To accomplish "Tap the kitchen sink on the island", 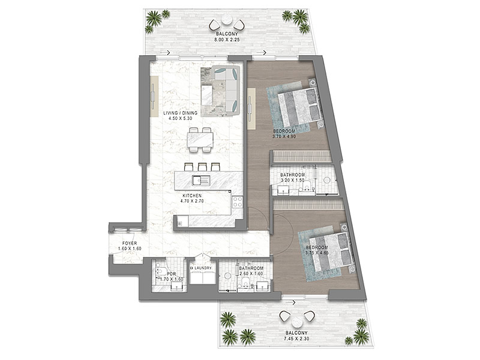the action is [201, 181].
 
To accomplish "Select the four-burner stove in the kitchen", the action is [238, 202].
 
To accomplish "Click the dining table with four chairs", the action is [200, 140].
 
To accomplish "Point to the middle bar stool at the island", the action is [202, 167].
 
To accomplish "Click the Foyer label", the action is [130, 244].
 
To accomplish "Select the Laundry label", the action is [203, 268].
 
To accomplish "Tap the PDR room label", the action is [172, 274].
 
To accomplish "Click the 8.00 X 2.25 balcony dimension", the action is [227, 39].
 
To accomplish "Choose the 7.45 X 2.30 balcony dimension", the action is [296, 338].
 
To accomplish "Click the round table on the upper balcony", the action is [227, 20].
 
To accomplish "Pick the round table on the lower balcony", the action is [297, 323].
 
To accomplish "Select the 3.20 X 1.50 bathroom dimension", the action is [292, 181].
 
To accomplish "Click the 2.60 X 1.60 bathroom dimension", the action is [251, 274].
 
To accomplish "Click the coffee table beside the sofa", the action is [206, 95].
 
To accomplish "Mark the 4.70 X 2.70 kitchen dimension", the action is [192, 201].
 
